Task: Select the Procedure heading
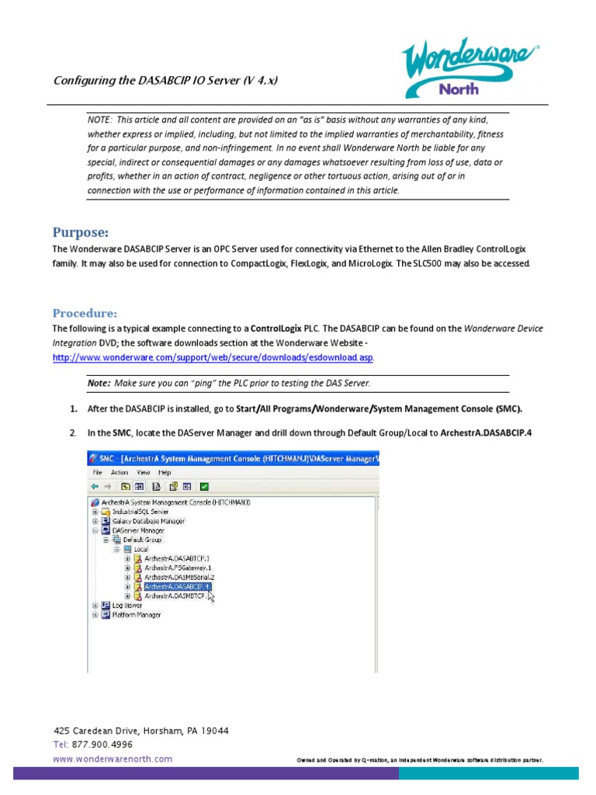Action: coord(85,313)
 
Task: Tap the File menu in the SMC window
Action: coord(98,472)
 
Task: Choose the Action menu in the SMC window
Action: coord(120,472)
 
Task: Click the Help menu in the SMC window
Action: coord(165,472)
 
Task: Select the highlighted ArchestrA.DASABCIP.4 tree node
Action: coord(176,587)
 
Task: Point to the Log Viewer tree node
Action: coord(127,606)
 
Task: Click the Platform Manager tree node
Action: coord(136,615)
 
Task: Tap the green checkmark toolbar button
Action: coord(204,487)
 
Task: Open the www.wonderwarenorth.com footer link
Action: coord(113,759)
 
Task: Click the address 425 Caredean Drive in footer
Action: coord(140,731)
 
